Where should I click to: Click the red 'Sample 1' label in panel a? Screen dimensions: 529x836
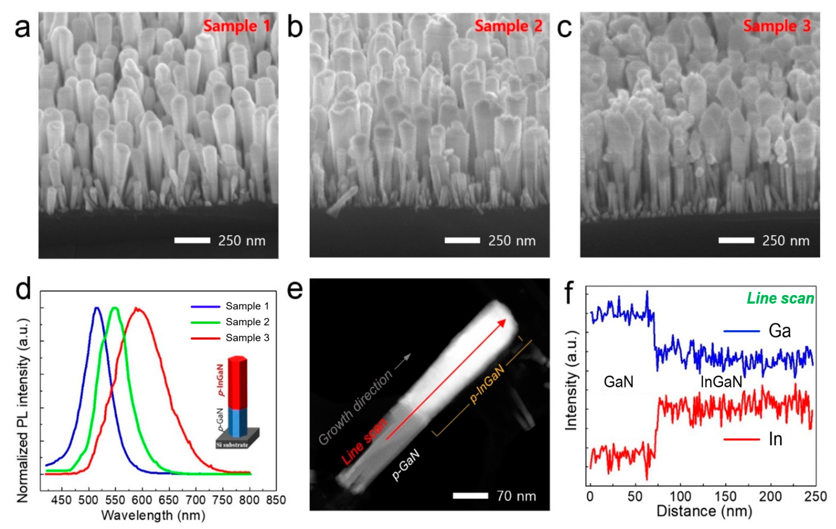coord(237,26)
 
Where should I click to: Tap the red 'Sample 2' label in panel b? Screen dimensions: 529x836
coord(508,26)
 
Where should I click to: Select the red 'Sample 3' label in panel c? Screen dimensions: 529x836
coord(777,26)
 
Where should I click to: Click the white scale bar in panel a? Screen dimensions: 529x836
coord(192,240)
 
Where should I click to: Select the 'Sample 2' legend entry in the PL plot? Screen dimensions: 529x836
coord(247,322)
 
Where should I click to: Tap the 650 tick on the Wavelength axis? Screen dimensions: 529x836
coord(169,500)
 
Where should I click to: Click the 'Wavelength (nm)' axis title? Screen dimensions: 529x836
coord(153,515)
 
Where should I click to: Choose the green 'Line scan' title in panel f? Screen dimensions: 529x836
coord(780,298)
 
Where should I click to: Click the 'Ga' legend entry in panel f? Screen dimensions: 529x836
coord(779,331)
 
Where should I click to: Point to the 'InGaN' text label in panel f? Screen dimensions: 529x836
coord(721,382)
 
